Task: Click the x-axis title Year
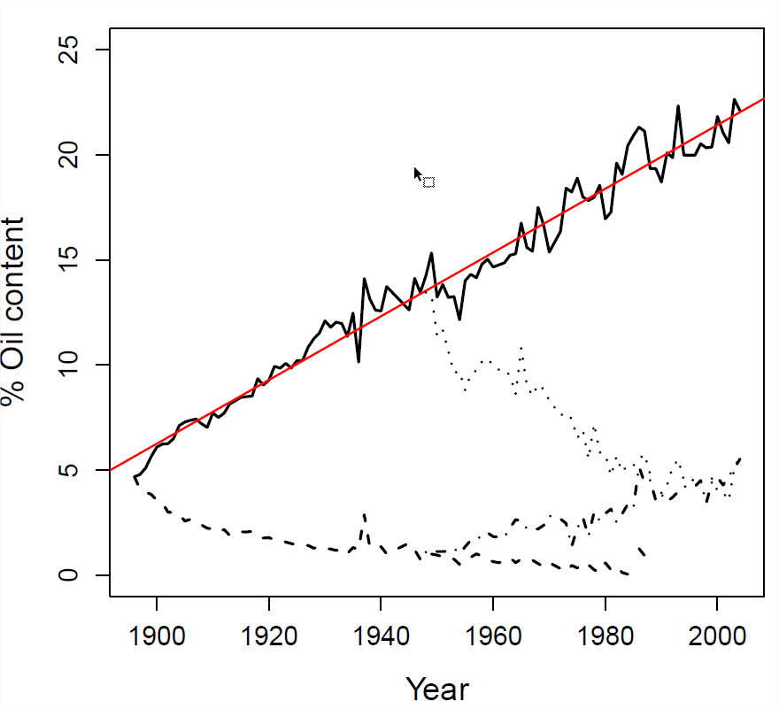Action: pyautogui.click(x=437, y=688)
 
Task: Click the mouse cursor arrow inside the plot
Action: pyautogui.click(x=417, y=173)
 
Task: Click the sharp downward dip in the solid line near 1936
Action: pyautogui.click(x=359, y=361)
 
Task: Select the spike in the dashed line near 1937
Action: pyautogui.click(x=364, y=514)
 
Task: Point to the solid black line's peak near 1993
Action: pyautogui.click(x=678, y=106)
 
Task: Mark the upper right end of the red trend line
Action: pyautogui.click(x=763, y=98)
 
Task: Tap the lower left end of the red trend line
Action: pyautogui.click(x=110, y=469)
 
